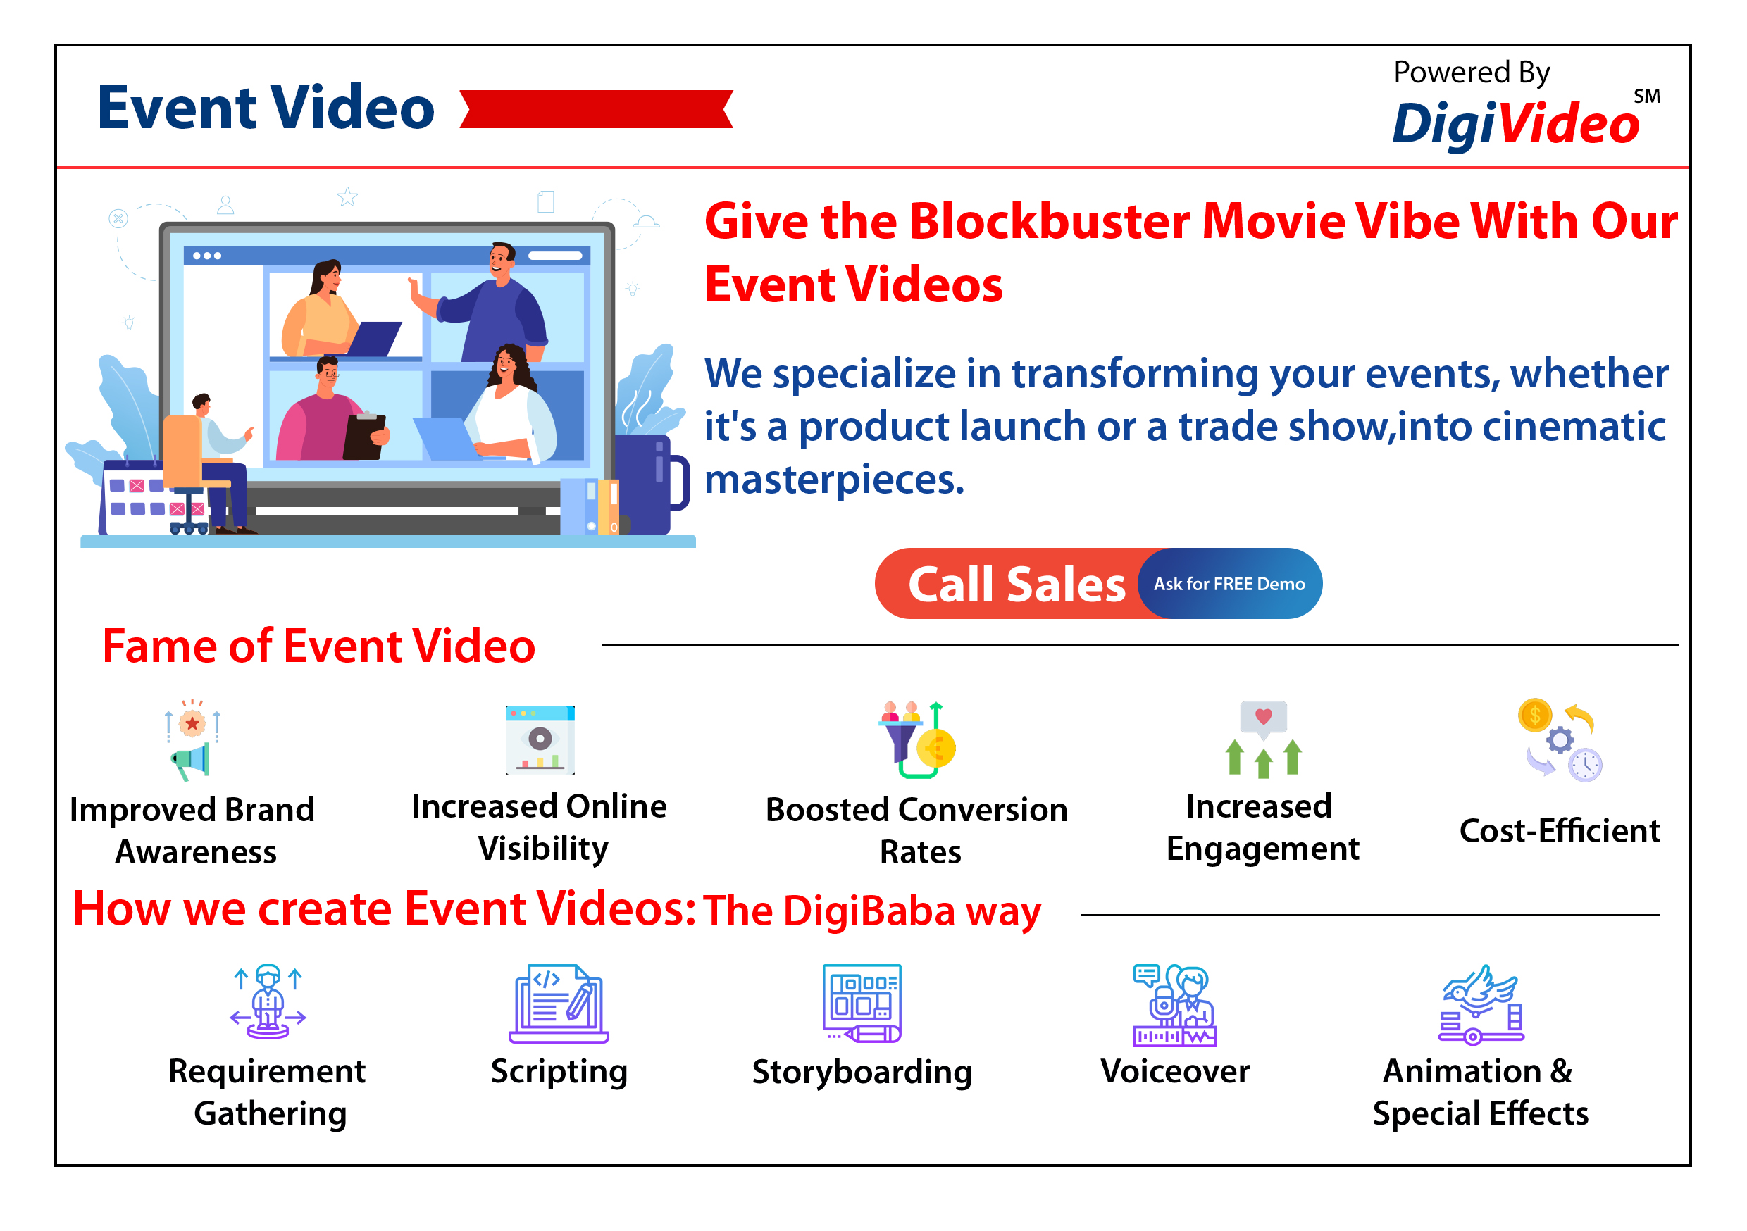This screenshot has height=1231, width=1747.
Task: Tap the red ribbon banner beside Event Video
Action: pos(597,108)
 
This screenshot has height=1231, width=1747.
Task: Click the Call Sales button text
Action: pos(1016,585)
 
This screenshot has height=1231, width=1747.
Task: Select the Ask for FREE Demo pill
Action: pos(1230,584)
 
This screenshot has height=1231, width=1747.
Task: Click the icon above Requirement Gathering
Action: pos(268,1001)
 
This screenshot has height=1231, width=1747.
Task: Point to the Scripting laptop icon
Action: pos(559,1004)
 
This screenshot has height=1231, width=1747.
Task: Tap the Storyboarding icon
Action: pos(862,1004)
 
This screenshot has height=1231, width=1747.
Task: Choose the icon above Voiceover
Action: pos(1174,1005)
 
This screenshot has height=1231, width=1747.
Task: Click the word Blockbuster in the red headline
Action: pos(1050,221)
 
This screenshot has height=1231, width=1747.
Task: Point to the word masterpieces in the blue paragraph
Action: pos(834,480)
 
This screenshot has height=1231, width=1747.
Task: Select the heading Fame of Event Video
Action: pos(319,646)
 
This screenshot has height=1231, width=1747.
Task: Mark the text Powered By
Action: pos(1472,73)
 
